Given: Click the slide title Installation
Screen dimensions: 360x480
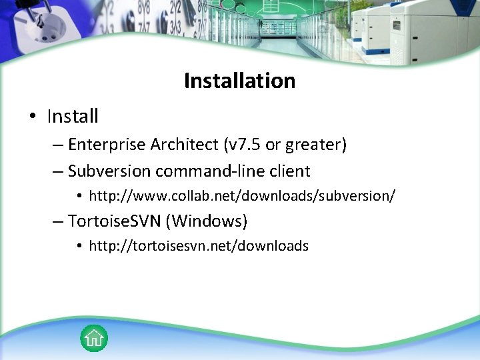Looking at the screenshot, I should pos(239,81).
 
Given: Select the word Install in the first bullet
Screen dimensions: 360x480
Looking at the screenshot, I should pos(73,117).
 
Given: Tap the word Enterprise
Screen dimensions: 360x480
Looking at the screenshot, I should pos(107,145).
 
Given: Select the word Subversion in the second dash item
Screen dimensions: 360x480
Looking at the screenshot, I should pos(109,171).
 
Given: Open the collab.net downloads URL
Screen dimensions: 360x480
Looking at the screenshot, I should pos(242,196).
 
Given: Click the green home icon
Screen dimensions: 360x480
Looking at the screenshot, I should pos(94,338).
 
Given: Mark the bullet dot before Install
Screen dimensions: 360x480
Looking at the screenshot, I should pos(33,117).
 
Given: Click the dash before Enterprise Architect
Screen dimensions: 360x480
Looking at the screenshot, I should pos(58,145).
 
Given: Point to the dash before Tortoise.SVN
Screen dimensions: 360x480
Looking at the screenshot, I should pos(58,221).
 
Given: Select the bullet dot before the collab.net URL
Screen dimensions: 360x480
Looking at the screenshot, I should pos(79,197).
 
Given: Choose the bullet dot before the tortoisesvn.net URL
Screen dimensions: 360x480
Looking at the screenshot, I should pos(79,246).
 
